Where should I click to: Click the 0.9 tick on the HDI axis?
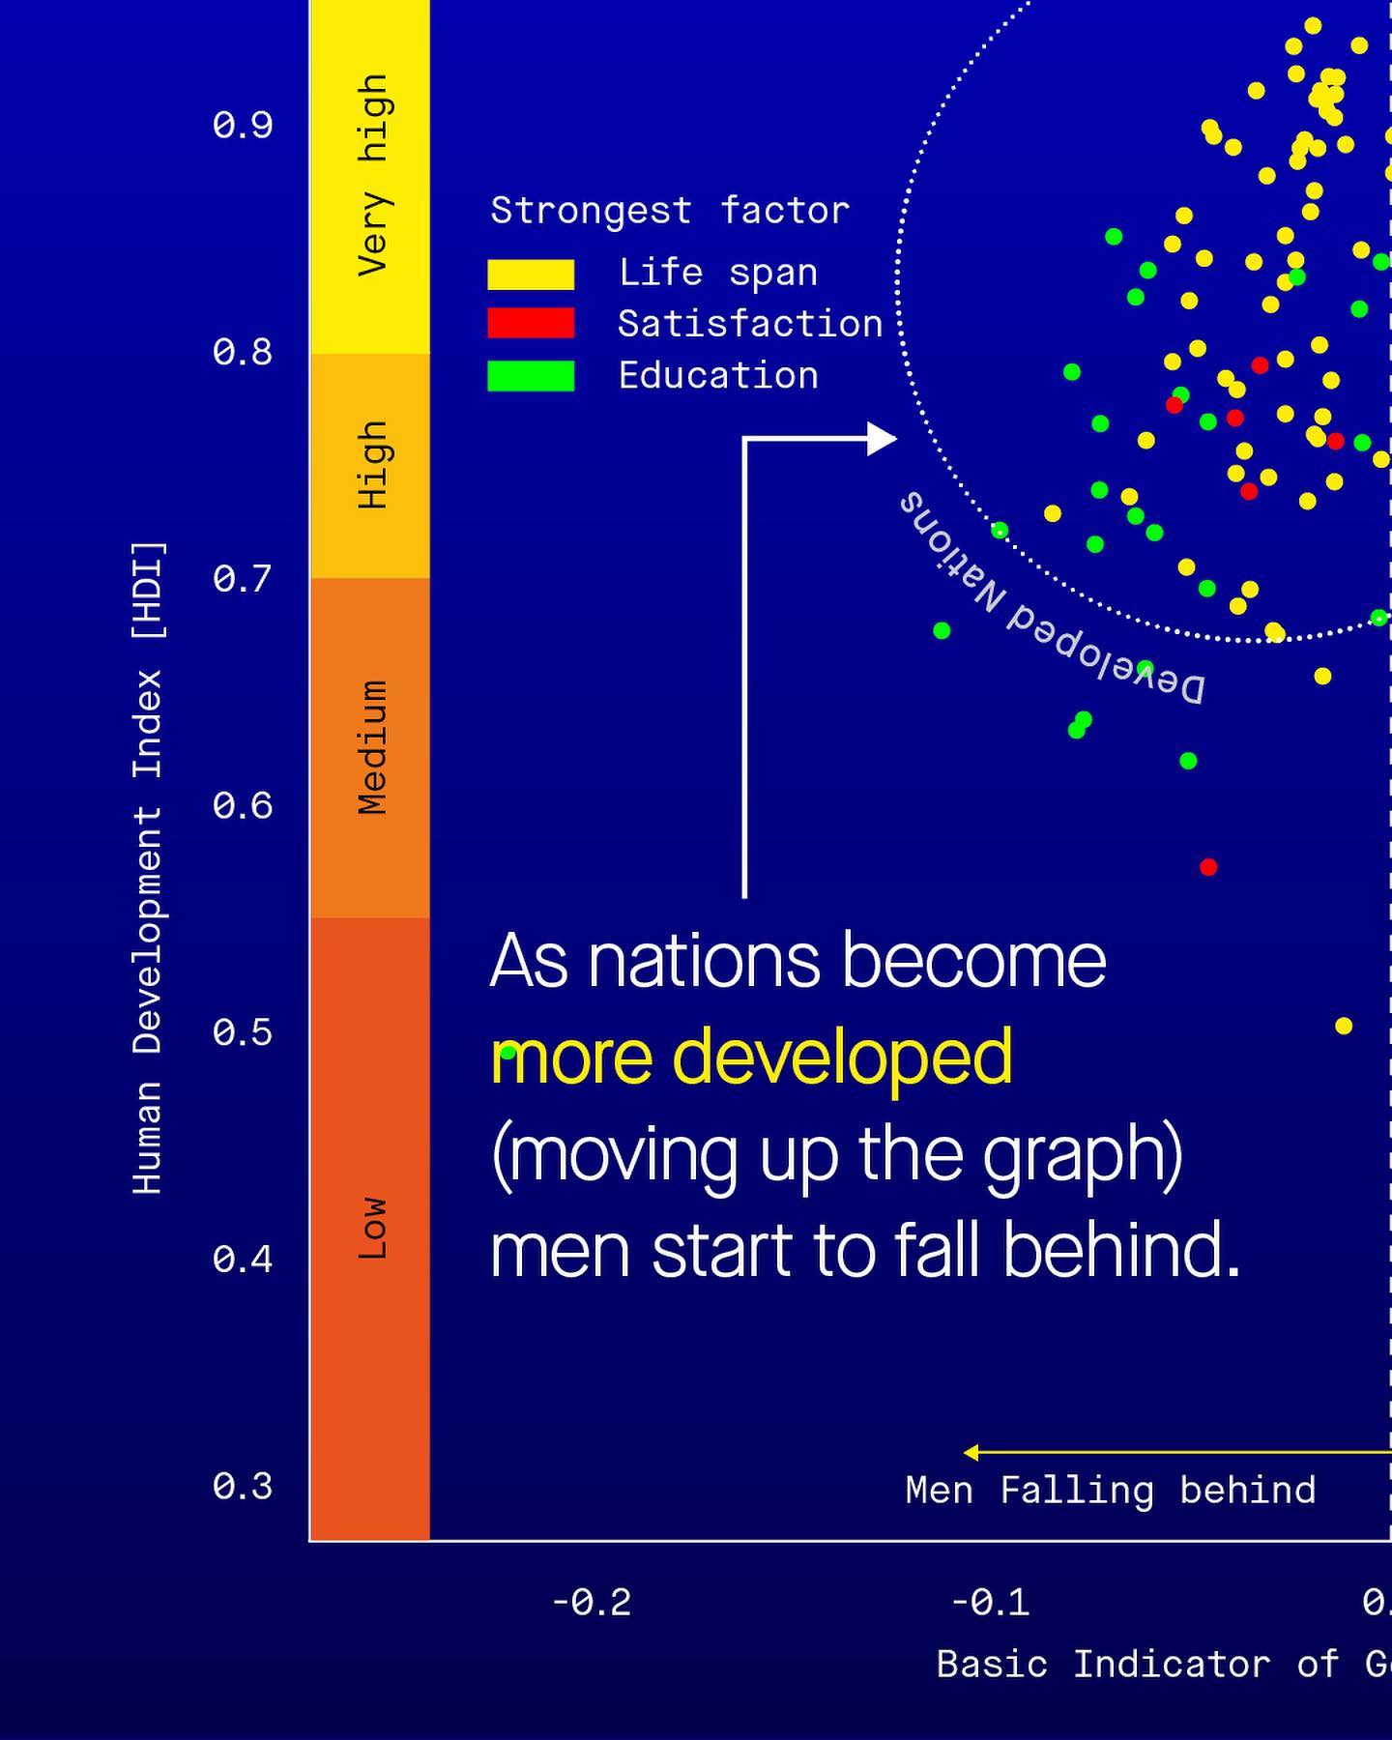(x=243, y=125)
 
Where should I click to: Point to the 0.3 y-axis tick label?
(x=243, y=1486)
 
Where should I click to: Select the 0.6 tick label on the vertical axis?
(x=243, y=805)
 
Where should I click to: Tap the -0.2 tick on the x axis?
(x=592, y=1603)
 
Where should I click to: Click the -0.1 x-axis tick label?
(x=990, y=1603)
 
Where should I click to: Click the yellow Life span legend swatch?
(x=531, y=275)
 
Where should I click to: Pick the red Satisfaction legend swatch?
(x=531, y=324)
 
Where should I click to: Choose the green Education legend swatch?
(x=531, y=376)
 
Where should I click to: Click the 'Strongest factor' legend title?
(x=670, y=211)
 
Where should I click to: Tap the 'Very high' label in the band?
(x=373, y=175)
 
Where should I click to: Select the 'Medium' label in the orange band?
(x=373, y=747)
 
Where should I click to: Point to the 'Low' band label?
(x=373, y=1228)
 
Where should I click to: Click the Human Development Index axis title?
(x=148, y=867)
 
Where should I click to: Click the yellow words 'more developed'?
(x=752, y=1058)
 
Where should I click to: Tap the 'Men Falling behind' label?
(x=1111, y=1491)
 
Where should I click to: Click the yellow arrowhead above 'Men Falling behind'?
(x=971, y=1452)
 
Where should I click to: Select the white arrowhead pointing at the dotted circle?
(x=882, y=439)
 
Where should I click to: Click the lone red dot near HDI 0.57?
(x=1208, y=867)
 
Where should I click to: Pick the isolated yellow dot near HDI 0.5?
(x=1344, y=1026)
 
